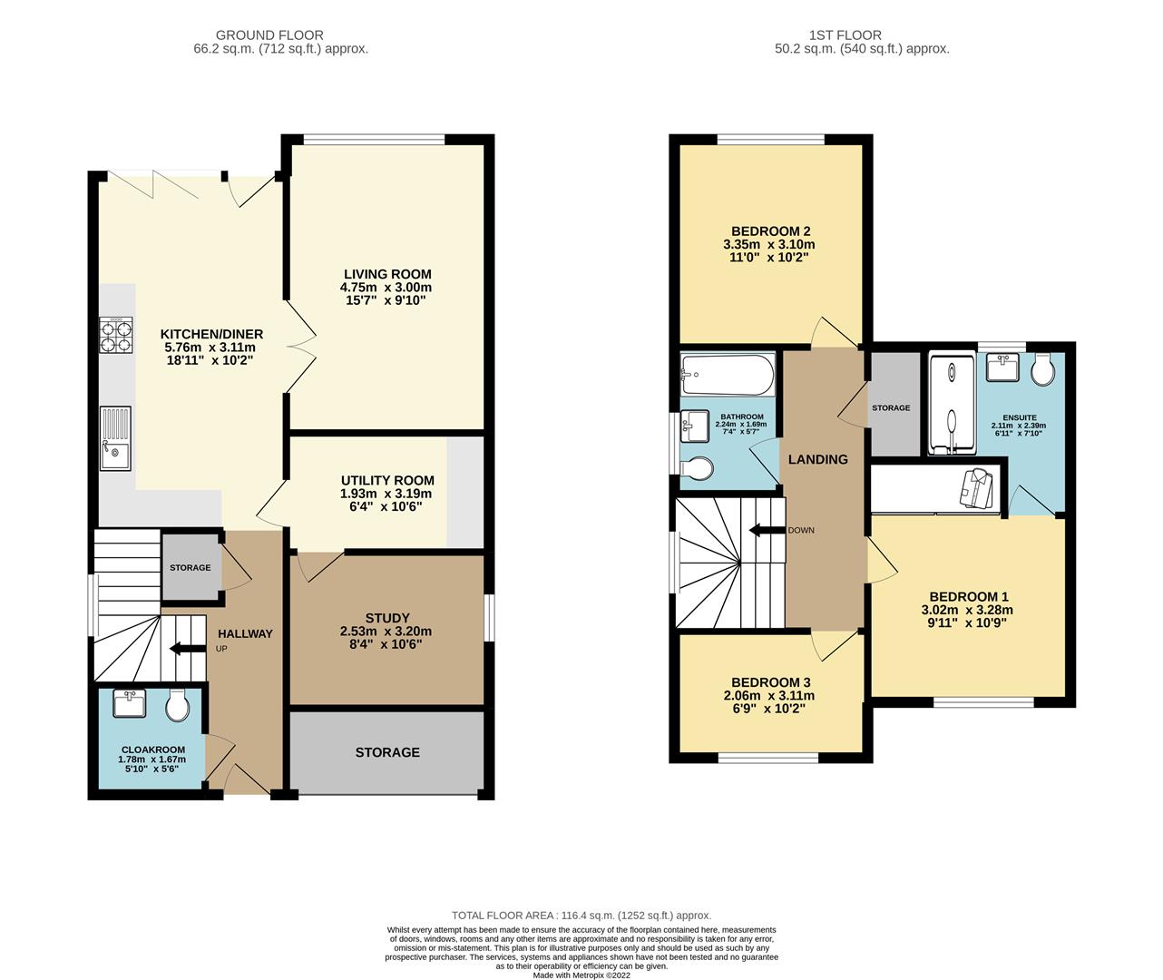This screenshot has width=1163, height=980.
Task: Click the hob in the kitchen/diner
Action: [115, 335]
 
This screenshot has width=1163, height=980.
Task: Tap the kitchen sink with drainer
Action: [116, 439]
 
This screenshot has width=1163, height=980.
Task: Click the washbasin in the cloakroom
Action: [129, 703]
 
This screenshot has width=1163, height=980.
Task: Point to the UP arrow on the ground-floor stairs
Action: [187, 648]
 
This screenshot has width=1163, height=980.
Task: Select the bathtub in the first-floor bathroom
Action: [728, 372]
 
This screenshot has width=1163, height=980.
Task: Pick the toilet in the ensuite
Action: [1041, 367]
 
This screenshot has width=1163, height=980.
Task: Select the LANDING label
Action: [817, 459]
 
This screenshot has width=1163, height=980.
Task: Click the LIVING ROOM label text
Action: [386, 274]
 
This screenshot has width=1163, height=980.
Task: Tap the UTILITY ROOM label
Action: [387, 480]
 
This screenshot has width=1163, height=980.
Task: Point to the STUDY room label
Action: [387, 618]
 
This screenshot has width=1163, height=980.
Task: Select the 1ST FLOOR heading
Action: [861, 35]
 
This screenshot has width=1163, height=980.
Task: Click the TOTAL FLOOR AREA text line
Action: [581, 916]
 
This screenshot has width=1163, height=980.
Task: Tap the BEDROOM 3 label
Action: [770, 682]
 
